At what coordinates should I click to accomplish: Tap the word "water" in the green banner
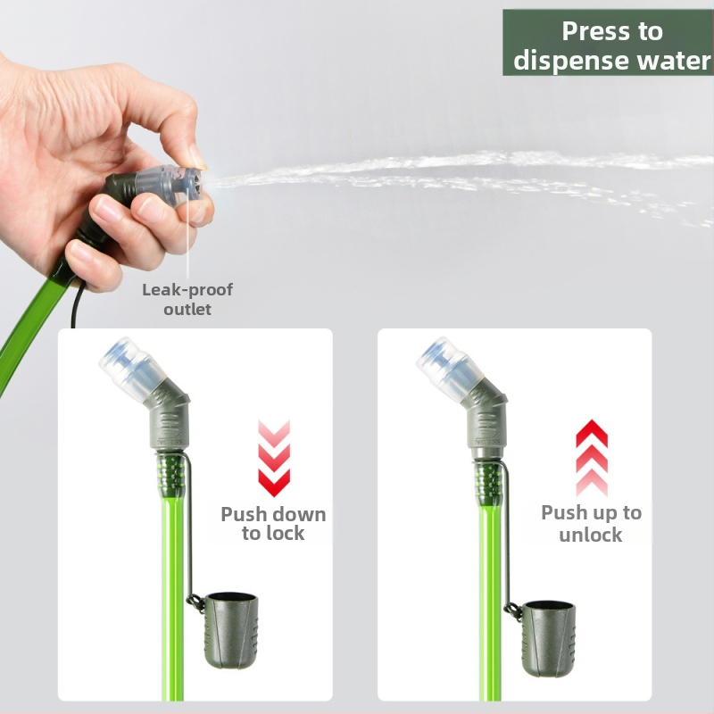click(x=674, y=61)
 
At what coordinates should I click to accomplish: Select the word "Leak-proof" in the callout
click(x=187, y=289)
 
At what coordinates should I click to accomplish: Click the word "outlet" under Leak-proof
click(x=187, y=310)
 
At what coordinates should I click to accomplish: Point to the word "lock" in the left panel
click(x=285, y=533)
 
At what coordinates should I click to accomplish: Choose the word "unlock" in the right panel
click(x=591, y=535)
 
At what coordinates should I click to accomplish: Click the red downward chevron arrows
click(x=274, y=458)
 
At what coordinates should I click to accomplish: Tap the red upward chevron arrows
click(x=592, y=458)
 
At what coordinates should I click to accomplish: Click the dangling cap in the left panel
click(x=230, y=630)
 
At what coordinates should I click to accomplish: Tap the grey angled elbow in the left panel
click(x=167, y=417)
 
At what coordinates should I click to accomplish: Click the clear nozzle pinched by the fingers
click(x=174, y=185)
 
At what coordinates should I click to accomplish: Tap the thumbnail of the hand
click(x=198, y=156)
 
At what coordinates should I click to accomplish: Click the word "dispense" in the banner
click(x=572, y=61)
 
